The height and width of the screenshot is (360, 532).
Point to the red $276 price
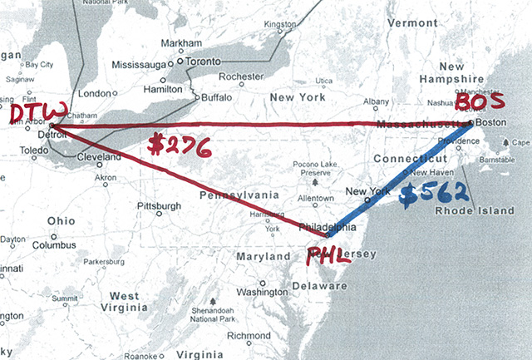coord(177,145)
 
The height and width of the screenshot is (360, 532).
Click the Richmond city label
coord(249,336)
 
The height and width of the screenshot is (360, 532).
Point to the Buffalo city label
coord(217,96)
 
